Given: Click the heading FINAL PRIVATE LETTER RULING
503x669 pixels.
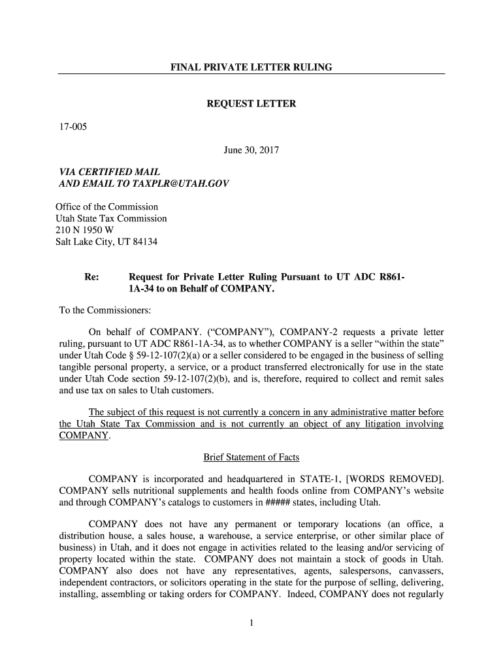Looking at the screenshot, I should click(x=252, y=67).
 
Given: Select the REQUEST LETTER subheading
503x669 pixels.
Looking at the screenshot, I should click(x=252, y=105).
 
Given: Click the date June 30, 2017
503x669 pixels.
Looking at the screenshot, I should click(x=252, y=151).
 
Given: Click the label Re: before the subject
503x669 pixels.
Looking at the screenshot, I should click(x=92, y=277).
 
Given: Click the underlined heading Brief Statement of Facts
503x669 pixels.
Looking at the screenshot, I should click(x=252, y=457).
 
